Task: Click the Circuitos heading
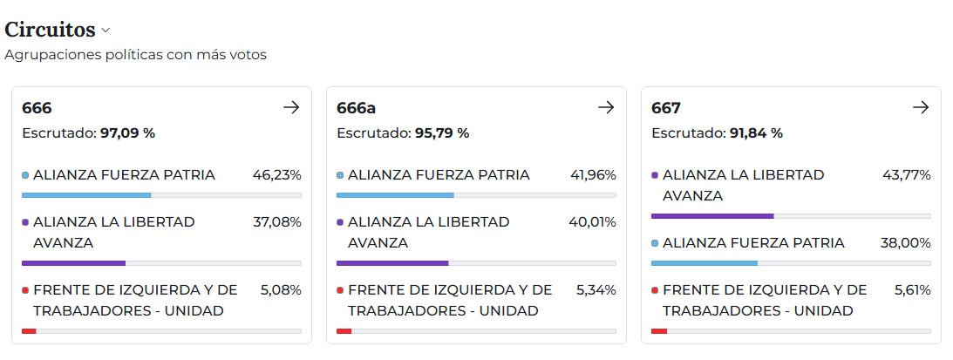click(50, 30)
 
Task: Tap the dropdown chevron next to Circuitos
click(106, 31)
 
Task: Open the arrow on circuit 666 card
click(291, 107)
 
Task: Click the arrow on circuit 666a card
click(606, 107)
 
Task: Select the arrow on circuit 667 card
click(921, 107)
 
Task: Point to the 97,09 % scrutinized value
click(127, 133)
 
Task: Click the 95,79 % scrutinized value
click(442, 133)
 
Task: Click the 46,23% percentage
click(276, 174)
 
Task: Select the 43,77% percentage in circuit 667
click(906, 174)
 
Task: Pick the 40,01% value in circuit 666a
click(592, 222)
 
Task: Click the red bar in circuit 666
click(29, 331)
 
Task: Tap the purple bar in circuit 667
click(711, 215)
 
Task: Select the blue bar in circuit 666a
click(395, 195)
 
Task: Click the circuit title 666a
click(356, 108)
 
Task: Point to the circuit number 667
click(666, 108)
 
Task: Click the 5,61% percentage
click(912, 289)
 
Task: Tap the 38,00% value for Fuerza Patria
click(905, 243)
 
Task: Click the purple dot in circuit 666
click(25, 222)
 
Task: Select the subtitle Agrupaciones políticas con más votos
click(135, 55)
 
